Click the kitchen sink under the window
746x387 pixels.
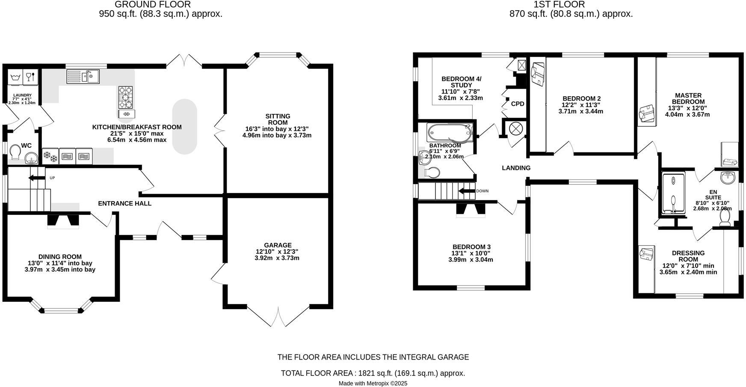coord(83,77)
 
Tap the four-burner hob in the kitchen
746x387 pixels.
coord(126,98)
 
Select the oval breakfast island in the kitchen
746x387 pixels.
coord(184,127)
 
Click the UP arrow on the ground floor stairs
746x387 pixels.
coord(37,178)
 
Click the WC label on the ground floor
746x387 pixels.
coord(27,146)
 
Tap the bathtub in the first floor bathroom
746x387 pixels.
coord(450,133)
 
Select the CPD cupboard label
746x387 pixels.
coord(518,104)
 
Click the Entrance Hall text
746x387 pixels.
coord(124,203)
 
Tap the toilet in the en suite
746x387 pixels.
coord(725,218)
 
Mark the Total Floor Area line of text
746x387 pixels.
coord(373,373)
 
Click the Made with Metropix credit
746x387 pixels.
coord(373,384)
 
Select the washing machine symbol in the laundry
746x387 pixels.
coord(15,78)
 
